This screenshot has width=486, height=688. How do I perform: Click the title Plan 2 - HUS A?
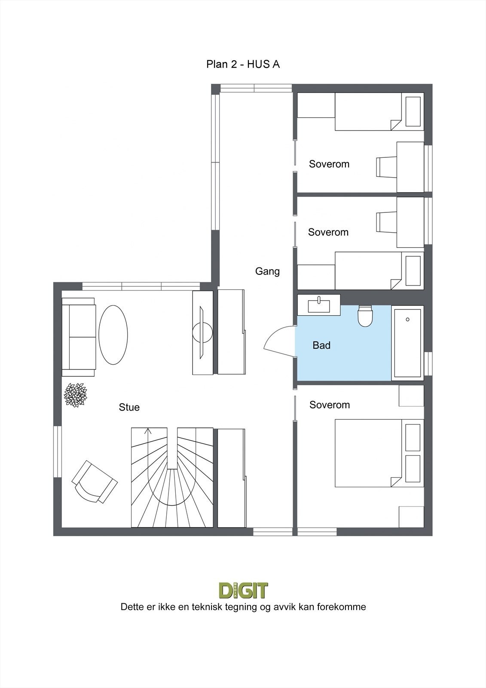(243, 64)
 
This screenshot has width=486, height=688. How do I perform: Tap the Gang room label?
(267, 271)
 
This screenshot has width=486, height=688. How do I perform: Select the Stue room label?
(129, 407)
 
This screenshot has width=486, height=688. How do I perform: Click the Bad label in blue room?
(321, 345)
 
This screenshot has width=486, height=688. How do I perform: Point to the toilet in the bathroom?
(365, 316)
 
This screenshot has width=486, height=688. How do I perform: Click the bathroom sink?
(319, 305)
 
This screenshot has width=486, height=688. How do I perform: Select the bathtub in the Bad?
(407, 343)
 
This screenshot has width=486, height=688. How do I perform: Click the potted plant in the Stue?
(76, 395)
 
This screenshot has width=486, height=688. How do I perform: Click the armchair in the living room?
(94, 482)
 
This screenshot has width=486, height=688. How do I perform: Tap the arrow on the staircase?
(149, 431)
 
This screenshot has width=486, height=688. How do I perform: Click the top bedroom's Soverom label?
(329, 164)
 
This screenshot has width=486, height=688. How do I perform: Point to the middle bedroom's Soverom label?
(328, 233)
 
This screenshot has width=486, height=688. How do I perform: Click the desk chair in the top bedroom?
(385, 167)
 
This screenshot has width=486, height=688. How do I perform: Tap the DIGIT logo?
(243, 590)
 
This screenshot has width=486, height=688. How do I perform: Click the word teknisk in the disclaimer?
(204, 607)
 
